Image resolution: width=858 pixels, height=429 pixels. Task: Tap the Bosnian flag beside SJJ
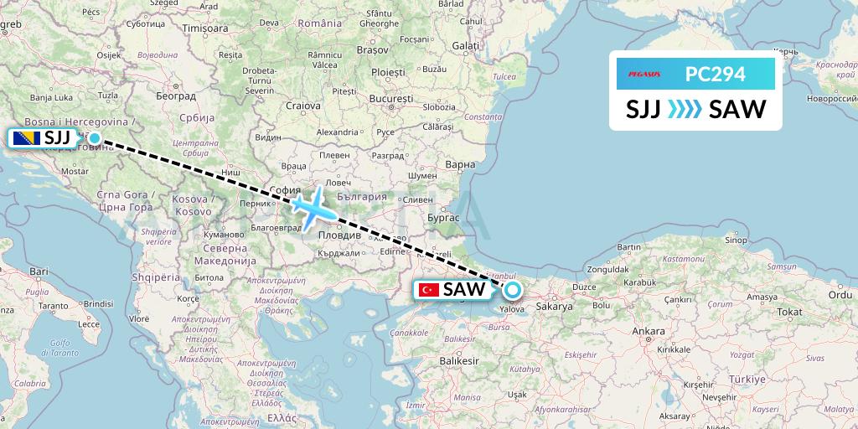(25, 138)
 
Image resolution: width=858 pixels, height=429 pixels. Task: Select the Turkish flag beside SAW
(429, 290)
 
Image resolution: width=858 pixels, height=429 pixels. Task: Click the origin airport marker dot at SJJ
(94, 138)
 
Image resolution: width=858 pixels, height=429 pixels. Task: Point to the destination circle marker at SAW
(511, 291)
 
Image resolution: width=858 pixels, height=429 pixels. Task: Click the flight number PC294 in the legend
(715, 74)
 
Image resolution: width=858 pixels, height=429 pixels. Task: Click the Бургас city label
(445, 216)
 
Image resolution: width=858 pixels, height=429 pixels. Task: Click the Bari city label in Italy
(39, 271)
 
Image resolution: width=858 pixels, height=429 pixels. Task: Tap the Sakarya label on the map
(554, 308)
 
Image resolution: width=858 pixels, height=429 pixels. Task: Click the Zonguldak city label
(608, 270)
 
